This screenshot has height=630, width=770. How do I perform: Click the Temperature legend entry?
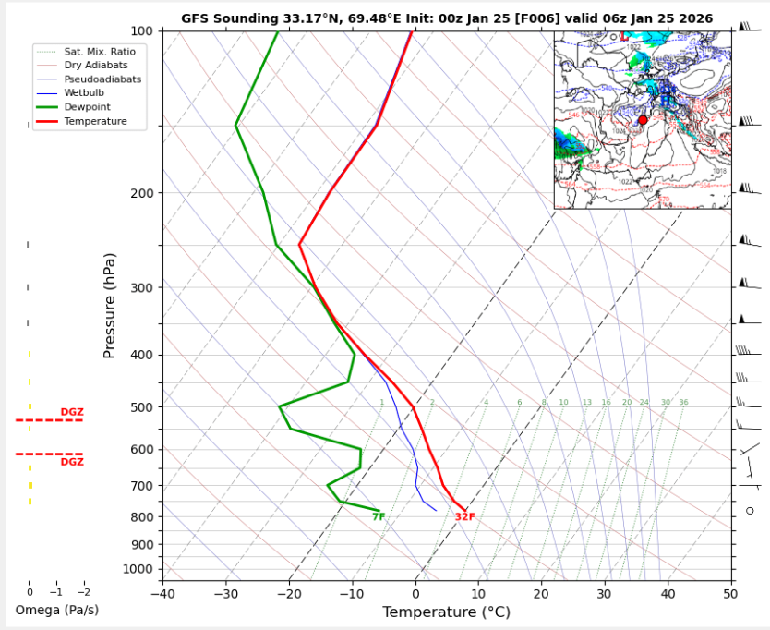pos(95,121)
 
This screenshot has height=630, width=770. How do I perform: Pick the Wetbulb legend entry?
pos(87,93)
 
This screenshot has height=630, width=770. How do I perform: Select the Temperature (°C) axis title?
pos(446,612)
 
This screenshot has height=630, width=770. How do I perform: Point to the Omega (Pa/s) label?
pos(56,610)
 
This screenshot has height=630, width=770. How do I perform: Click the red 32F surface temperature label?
pos(464,517)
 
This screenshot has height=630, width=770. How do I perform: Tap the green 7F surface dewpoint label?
pos(379,517)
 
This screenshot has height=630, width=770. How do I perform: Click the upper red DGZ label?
pos(72,412)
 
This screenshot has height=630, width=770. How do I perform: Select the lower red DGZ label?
pos(72,462)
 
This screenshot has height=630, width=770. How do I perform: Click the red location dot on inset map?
pos(643,120)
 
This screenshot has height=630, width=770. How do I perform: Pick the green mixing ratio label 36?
pos(683,403)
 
